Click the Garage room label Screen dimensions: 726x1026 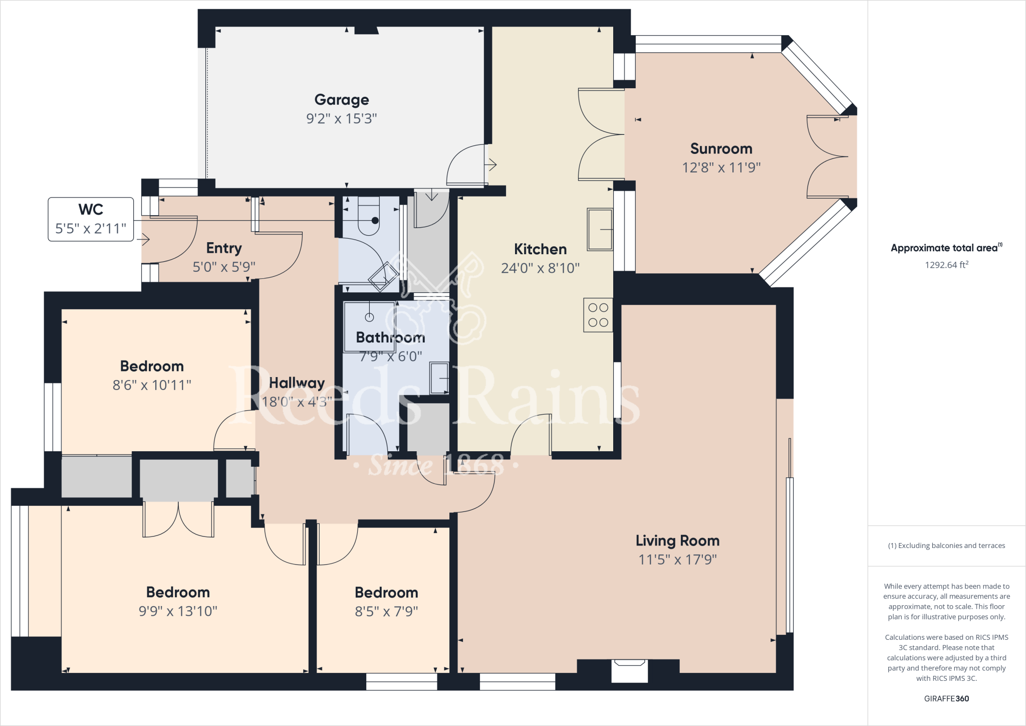[342, 100]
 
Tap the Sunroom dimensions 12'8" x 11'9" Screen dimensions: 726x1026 [721, 167]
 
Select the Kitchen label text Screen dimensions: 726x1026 [540, 249]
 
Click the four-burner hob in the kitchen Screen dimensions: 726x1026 [598, 315]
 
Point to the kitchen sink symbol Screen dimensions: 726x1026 [600, 230]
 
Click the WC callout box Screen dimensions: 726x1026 [91, 219]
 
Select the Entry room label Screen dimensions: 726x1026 [224, 248]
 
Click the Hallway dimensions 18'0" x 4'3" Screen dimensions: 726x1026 [297, 402]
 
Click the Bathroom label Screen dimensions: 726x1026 [390, 337]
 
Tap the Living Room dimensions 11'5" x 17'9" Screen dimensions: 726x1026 [677, 560]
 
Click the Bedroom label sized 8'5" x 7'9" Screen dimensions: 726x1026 [386, 593]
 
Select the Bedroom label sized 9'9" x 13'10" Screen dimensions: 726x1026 [178, 592]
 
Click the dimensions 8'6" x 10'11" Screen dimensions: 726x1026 [152, 385]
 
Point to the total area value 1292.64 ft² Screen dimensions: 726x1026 [946, 265]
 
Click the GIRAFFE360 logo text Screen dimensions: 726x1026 [946, 698]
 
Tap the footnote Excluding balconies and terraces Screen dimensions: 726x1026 [946, 546]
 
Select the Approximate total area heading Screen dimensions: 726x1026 [945, 248]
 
